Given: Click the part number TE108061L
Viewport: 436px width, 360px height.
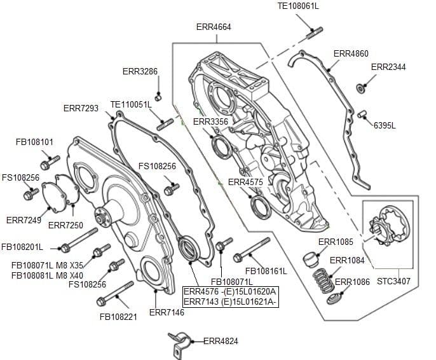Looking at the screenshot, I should tap(298, 6).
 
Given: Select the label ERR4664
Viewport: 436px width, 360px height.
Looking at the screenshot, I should tap(214, 27).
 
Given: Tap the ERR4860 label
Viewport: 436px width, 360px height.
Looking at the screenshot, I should tap(351, 54).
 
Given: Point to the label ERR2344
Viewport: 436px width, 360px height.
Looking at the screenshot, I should tap(388, 67).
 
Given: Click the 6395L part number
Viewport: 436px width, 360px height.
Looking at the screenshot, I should tap(385, 125).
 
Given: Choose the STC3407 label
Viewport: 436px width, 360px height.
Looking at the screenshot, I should tap(393, 280).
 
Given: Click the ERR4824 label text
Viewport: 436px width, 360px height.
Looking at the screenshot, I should tap(221, 342).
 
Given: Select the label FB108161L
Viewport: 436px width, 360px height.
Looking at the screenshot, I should tap(266, 271).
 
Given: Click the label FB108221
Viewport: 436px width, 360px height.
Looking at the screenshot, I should tap(118, 317).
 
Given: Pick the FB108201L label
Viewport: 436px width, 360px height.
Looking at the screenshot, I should tap(22, 247).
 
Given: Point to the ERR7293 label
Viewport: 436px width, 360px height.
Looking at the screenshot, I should tap(81, 109).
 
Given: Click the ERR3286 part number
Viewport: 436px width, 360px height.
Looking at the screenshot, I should tap(140, 71).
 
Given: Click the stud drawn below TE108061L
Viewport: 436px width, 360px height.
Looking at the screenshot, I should tap(315, 31).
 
